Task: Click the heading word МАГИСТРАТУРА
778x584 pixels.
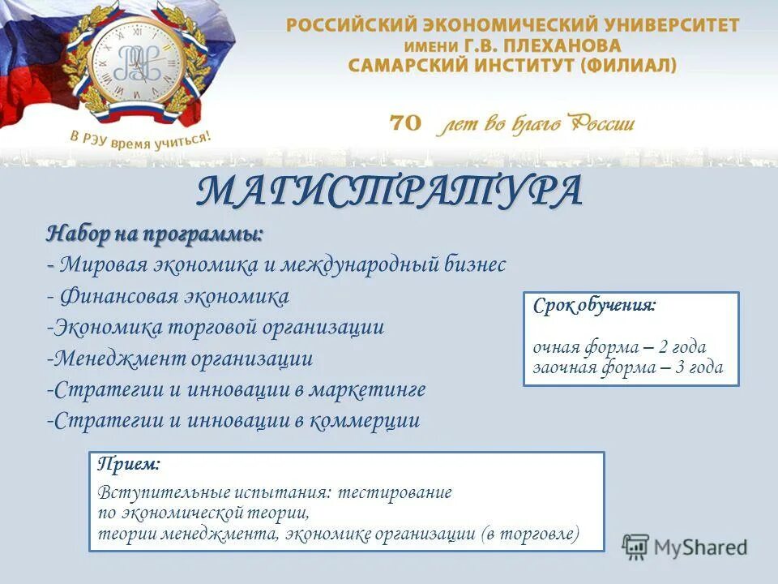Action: click(389, 191)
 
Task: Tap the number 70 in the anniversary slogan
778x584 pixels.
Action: click(406, 123)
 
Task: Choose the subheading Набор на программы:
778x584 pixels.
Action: click(155, 234)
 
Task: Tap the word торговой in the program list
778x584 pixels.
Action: click(216, 328)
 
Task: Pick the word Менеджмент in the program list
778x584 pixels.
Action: click(121, 359)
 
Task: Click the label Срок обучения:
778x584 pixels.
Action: click(595, 307)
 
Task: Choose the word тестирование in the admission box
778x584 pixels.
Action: click(395, 492)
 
